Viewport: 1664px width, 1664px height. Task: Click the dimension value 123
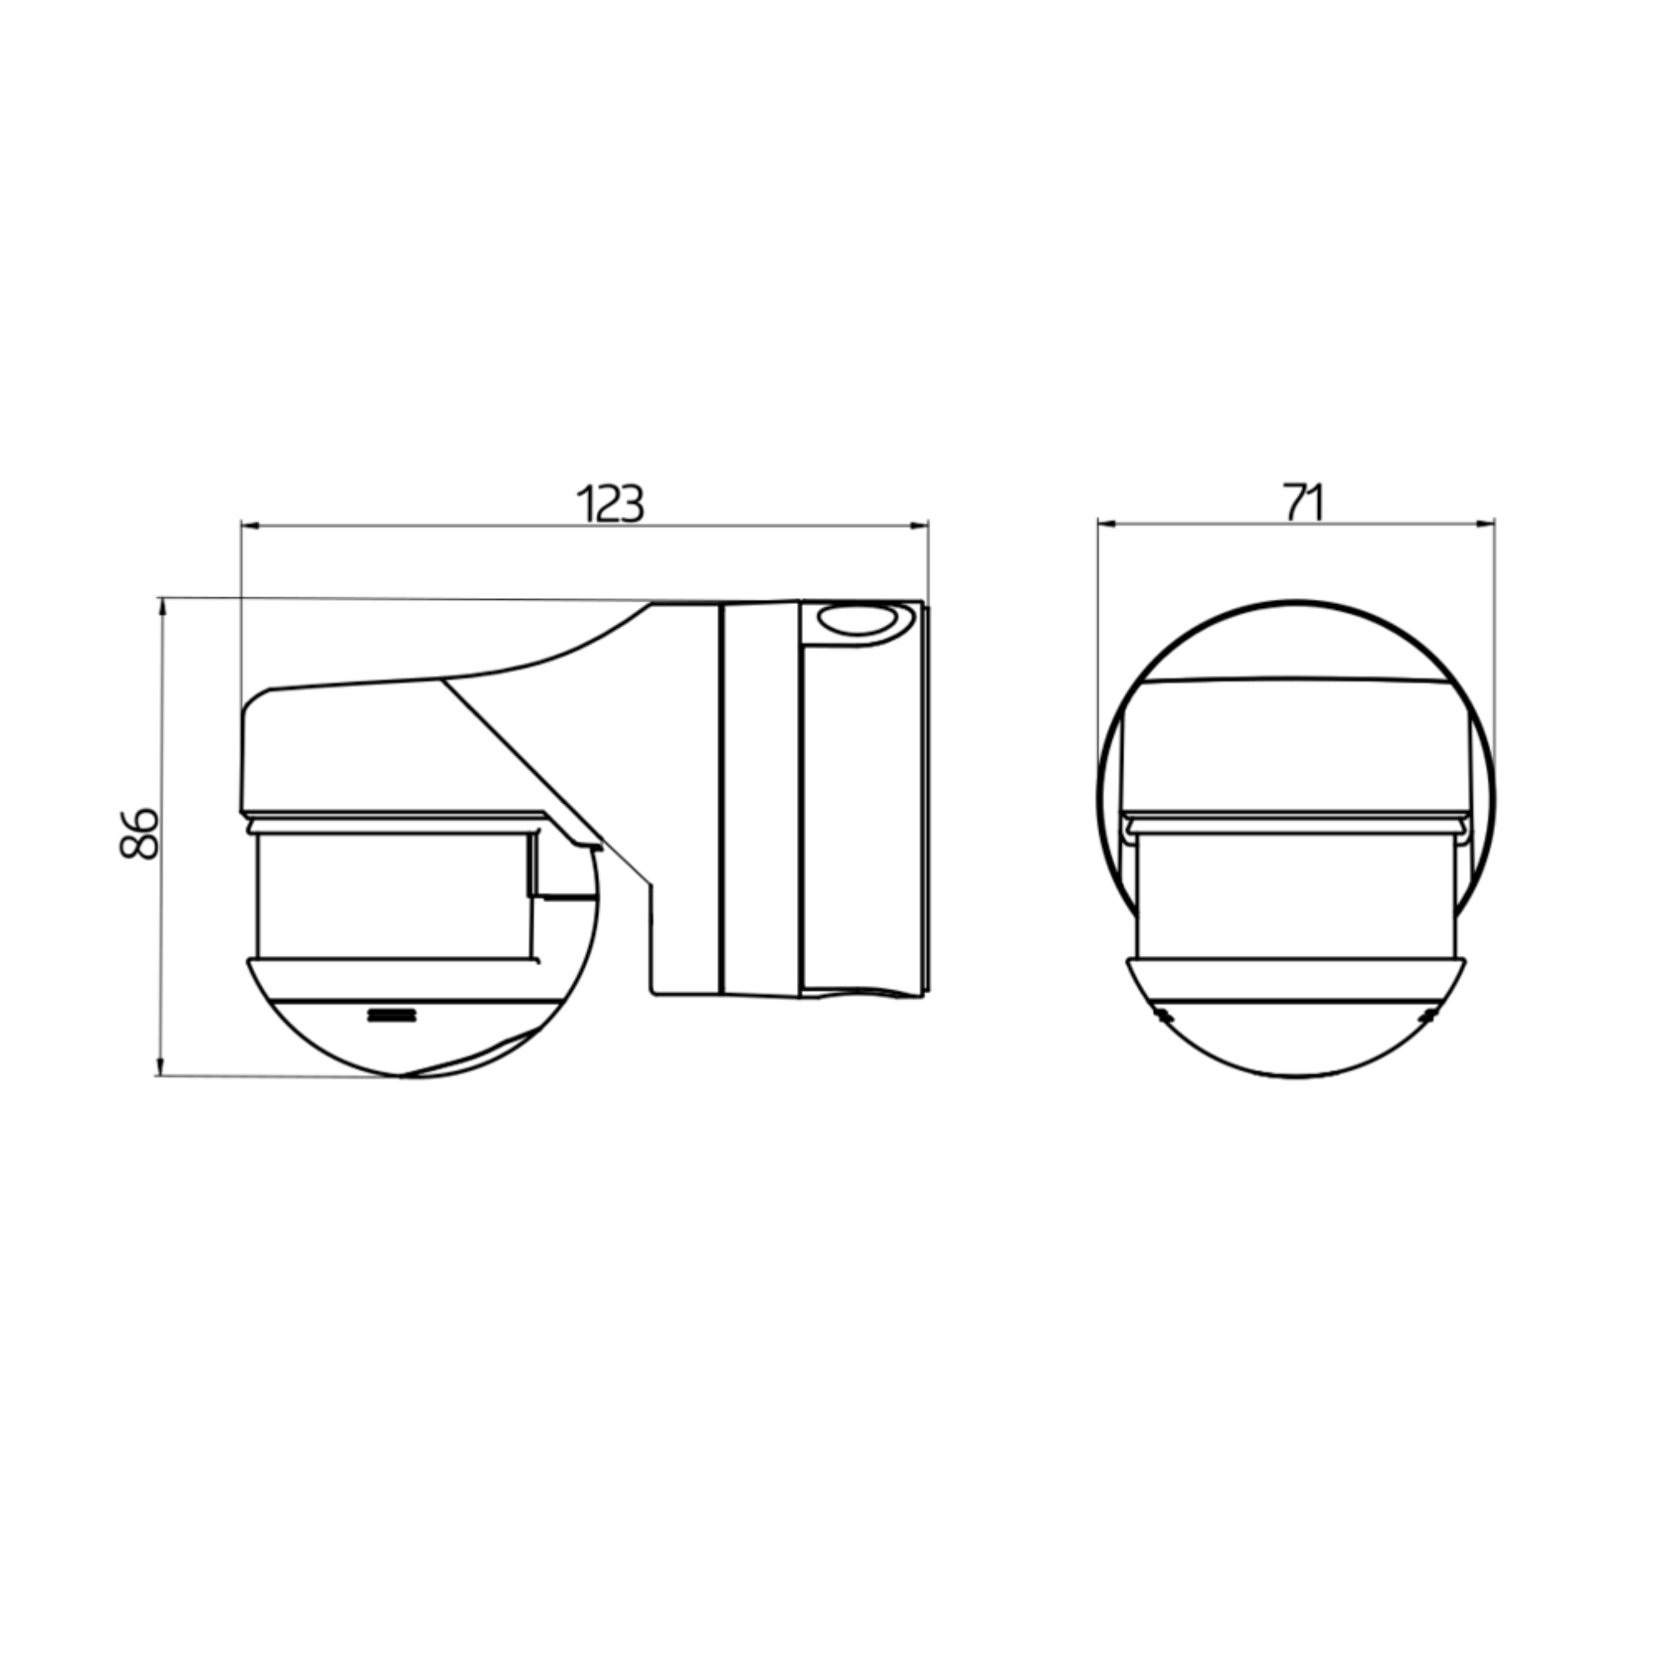click(x=610, y=504)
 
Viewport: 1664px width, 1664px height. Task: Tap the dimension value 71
click(x=1304, y=503)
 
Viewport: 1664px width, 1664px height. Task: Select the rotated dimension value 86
click(x=139, y=834)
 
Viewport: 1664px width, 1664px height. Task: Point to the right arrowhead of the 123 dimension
click(x=919, y=524)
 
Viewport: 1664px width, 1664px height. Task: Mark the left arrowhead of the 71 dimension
click(x=1108, y=522)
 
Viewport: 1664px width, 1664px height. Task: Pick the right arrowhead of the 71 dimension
click(x=1485, y=522)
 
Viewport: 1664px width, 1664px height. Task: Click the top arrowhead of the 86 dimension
click(x=161, y=607)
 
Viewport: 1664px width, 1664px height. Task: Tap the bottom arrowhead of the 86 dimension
click(x=160, y=1066)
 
